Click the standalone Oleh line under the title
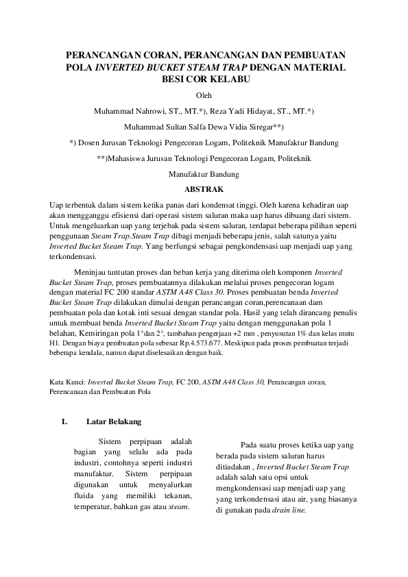click(204, 95)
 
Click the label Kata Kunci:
click(69, 382)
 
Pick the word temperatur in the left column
click(91, 508)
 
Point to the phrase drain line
click(290, 511)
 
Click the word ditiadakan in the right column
click(235, 467)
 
